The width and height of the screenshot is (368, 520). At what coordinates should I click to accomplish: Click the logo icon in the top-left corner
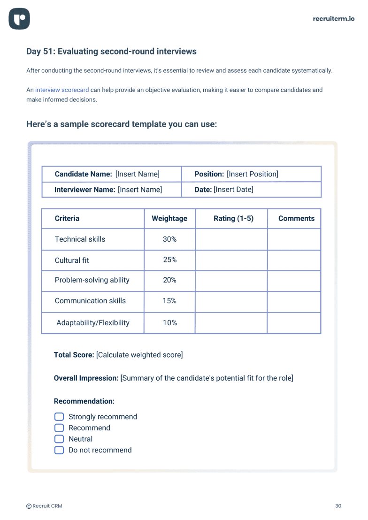pos(19,19)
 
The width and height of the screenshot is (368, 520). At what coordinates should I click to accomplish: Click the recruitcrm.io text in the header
pos(334,19)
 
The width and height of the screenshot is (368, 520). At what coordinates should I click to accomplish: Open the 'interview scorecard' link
pos(62,90)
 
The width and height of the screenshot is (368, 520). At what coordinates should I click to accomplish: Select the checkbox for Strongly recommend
pos(59,417)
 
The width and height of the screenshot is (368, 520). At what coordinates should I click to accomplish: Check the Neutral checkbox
pos(59,439)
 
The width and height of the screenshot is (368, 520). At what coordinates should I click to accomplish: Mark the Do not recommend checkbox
pos(59,450)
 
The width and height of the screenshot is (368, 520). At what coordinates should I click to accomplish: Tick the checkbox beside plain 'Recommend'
pos(59,428)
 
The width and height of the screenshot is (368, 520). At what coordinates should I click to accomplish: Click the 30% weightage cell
pos(169,239)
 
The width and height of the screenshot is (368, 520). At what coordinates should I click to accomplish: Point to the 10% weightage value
pos(169,322)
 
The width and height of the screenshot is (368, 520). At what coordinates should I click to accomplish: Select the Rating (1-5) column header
pos(233,218)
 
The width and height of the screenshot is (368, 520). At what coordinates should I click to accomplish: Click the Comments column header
pos(296,218)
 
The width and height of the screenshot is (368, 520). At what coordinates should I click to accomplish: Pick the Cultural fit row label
pos(72,260)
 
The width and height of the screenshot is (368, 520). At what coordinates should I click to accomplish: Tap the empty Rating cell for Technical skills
pos(231,239)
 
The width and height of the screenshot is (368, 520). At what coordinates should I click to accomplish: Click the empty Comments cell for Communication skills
pos(294,301)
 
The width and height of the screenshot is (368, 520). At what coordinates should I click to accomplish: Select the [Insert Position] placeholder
pos(253,174)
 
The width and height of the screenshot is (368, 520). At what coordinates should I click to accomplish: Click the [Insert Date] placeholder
pos(233,190)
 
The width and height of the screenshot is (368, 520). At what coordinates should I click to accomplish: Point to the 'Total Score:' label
pos(74,355)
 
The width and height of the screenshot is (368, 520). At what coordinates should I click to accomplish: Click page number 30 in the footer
pos(338,506)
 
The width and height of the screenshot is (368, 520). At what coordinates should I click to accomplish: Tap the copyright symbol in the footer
pos(29,506)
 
